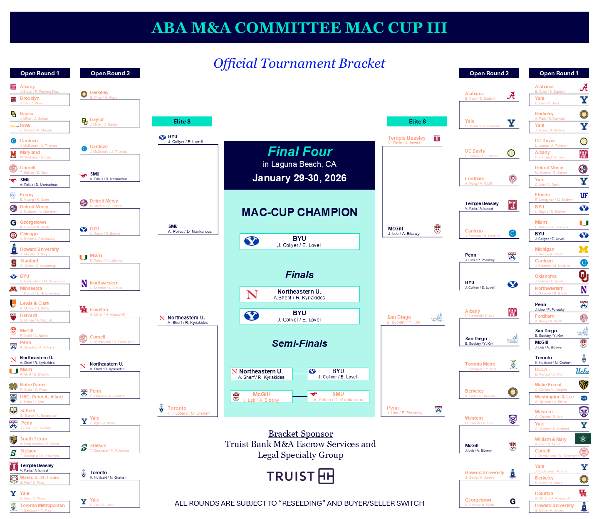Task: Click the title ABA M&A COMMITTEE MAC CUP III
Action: coord(299,28)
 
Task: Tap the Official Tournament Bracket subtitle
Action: coord(299,64)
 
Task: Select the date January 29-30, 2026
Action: coord(299,178)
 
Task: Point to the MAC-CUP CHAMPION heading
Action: coord(299,213)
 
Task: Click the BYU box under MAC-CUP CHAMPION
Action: coord(299,242)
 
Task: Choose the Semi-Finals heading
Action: coord(299,344)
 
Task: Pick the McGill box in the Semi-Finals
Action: coord(261,397)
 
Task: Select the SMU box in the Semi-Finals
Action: coord(338,397)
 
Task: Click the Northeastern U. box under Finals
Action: coord(299,294)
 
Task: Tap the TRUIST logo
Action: coord(300,476)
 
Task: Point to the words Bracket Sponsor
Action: coord(300,434)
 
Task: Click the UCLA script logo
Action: coord(582,371)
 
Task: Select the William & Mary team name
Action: coord(550,439)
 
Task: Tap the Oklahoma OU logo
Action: coord(584,276)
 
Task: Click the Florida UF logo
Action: coord(584,195)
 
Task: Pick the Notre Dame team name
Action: coord(32,385)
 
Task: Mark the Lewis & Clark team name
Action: coord(35,304)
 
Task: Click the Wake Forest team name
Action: coord(548,385)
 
